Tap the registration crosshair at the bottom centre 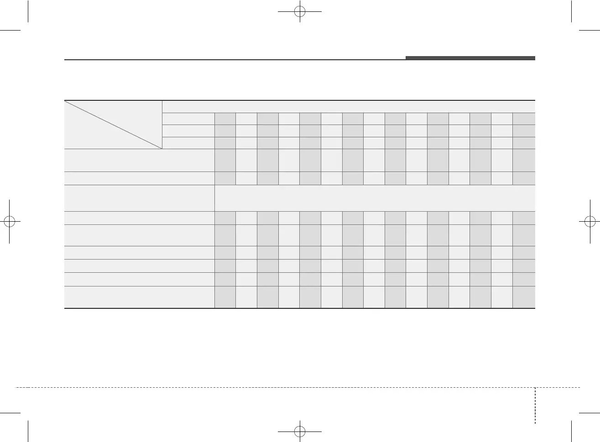tap(299, 430)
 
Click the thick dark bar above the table tap(470, 58)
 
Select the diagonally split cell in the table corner tap(113, 125)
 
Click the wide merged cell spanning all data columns tap(374, 198)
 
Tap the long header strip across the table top tap(348, 106)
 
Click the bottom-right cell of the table tap(524, 297)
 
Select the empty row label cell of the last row tap(139, 297)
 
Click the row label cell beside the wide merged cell tap(139, 198)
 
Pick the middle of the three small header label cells tap(188, 131)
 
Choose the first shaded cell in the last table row tap(225, 297)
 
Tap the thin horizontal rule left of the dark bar tap(235, 60)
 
